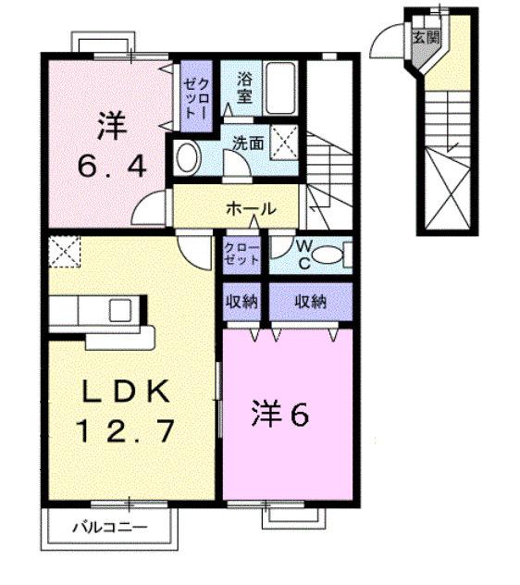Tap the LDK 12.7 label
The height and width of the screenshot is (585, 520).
click(124, 411)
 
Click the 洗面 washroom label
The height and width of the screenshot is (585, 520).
click(247, 143)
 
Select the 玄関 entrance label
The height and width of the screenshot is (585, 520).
click(425, 38)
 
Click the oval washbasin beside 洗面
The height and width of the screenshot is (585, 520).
click(188, 158)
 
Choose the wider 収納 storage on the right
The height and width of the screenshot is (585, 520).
click(310, 301)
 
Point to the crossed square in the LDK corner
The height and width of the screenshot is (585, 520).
click(65, 250)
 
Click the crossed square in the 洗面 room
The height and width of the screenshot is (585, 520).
click(286, 142)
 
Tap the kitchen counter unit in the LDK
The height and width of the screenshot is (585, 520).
click(96, 310)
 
